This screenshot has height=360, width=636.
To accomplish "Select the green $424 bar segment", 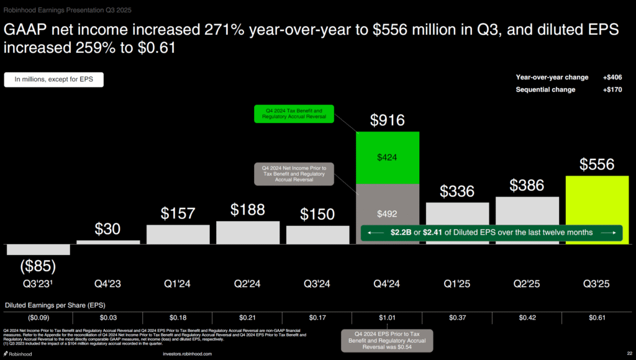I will (387, 158).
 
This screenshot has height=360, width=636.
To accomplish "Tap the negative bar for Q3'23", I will (38, 250).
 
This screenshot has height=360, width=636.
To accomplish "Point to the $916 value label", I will (387, 120).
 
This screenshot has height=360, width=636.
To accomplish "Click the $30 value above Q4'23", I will (107, 228).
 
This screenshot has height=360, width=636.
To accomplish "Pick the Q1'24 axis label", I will (177, 284).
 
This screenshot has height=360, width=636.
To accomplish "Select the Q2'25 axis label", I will (527, 284).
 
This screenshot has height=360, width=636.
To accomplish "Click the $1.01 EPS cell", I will (387, 318).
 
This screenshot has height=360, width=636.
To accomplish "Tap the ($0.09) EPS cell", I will (38, 318).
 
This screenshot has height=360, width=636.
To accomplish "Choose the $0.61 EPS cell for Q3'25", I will (597, 318).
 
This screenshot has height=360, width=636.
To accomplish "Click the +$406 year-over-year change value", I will (612, 78).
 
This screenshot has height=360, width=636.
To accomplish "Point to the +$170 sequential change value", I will (612, 90).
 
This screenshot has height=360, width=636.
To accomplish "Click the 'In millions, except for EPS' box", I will (53, 80).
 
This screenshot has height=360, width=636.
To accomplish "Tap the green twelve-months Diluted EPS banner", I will (491, 233).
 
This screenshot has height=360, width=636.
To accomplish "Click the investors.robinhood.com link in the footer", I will (187, 354).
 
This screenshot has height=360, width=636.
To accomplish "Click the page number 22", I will (629, 354).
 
